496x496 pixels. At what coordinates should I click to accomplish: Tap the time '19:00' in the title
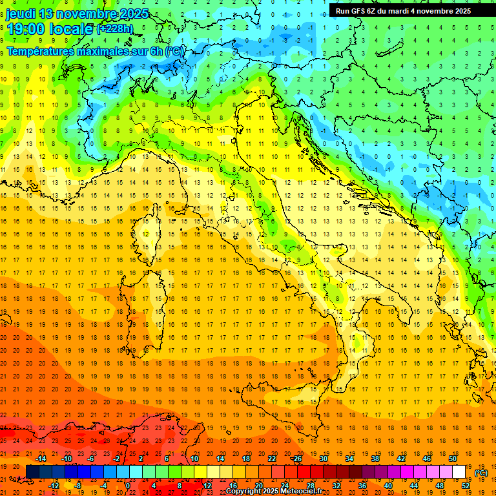pyautogui.click(x=26, y=29)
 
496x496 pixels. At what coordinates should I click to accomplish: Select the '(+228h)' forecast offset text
pyautogui.click(x=115, y=29)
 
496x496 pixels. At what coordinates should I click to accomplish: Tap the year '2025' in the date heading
pyautogui.click(x=134, y=14)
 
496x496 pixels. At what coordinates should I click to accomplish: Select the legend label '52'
pyautogui.click(x=466, y=485)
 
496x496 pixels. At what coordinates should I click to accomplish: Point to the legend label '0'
pyautogui.click(x=128, y=485)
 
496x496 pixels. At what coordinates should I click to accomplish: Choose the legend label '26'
pyautogui.click(x=298, y=459)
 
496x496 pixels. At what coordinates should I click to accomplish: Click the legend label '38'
pyautogui.click(x=375, y=459)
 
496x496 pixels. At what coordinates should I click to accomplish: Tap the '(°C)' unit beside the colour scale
pyautogui.click(x=481, y=472)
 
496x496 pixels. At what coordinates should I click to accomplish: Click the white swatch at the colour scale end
pyautogui.click(x=459, y=472)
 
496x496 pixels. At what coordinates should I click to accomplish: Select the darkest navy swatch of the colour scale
pyautogui.click(x=32, y=472)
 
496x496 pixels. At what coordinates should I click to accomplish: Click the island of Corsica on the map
pyautogui.click(x=155, y=232)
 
